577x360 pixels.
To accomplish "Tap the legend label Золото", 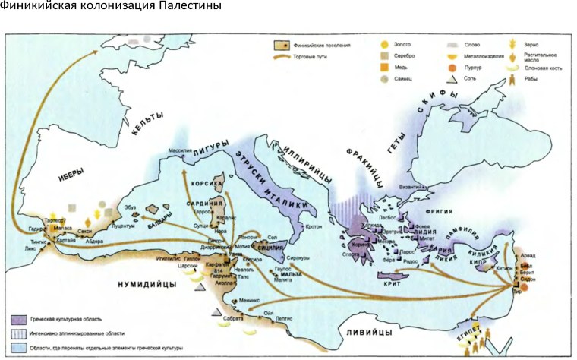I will click(405, 44).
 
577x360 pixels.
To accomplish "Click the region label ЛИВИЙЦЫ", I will click(370, 333).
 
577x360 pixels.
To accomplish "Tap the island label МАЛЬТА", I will click(290, 273).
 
